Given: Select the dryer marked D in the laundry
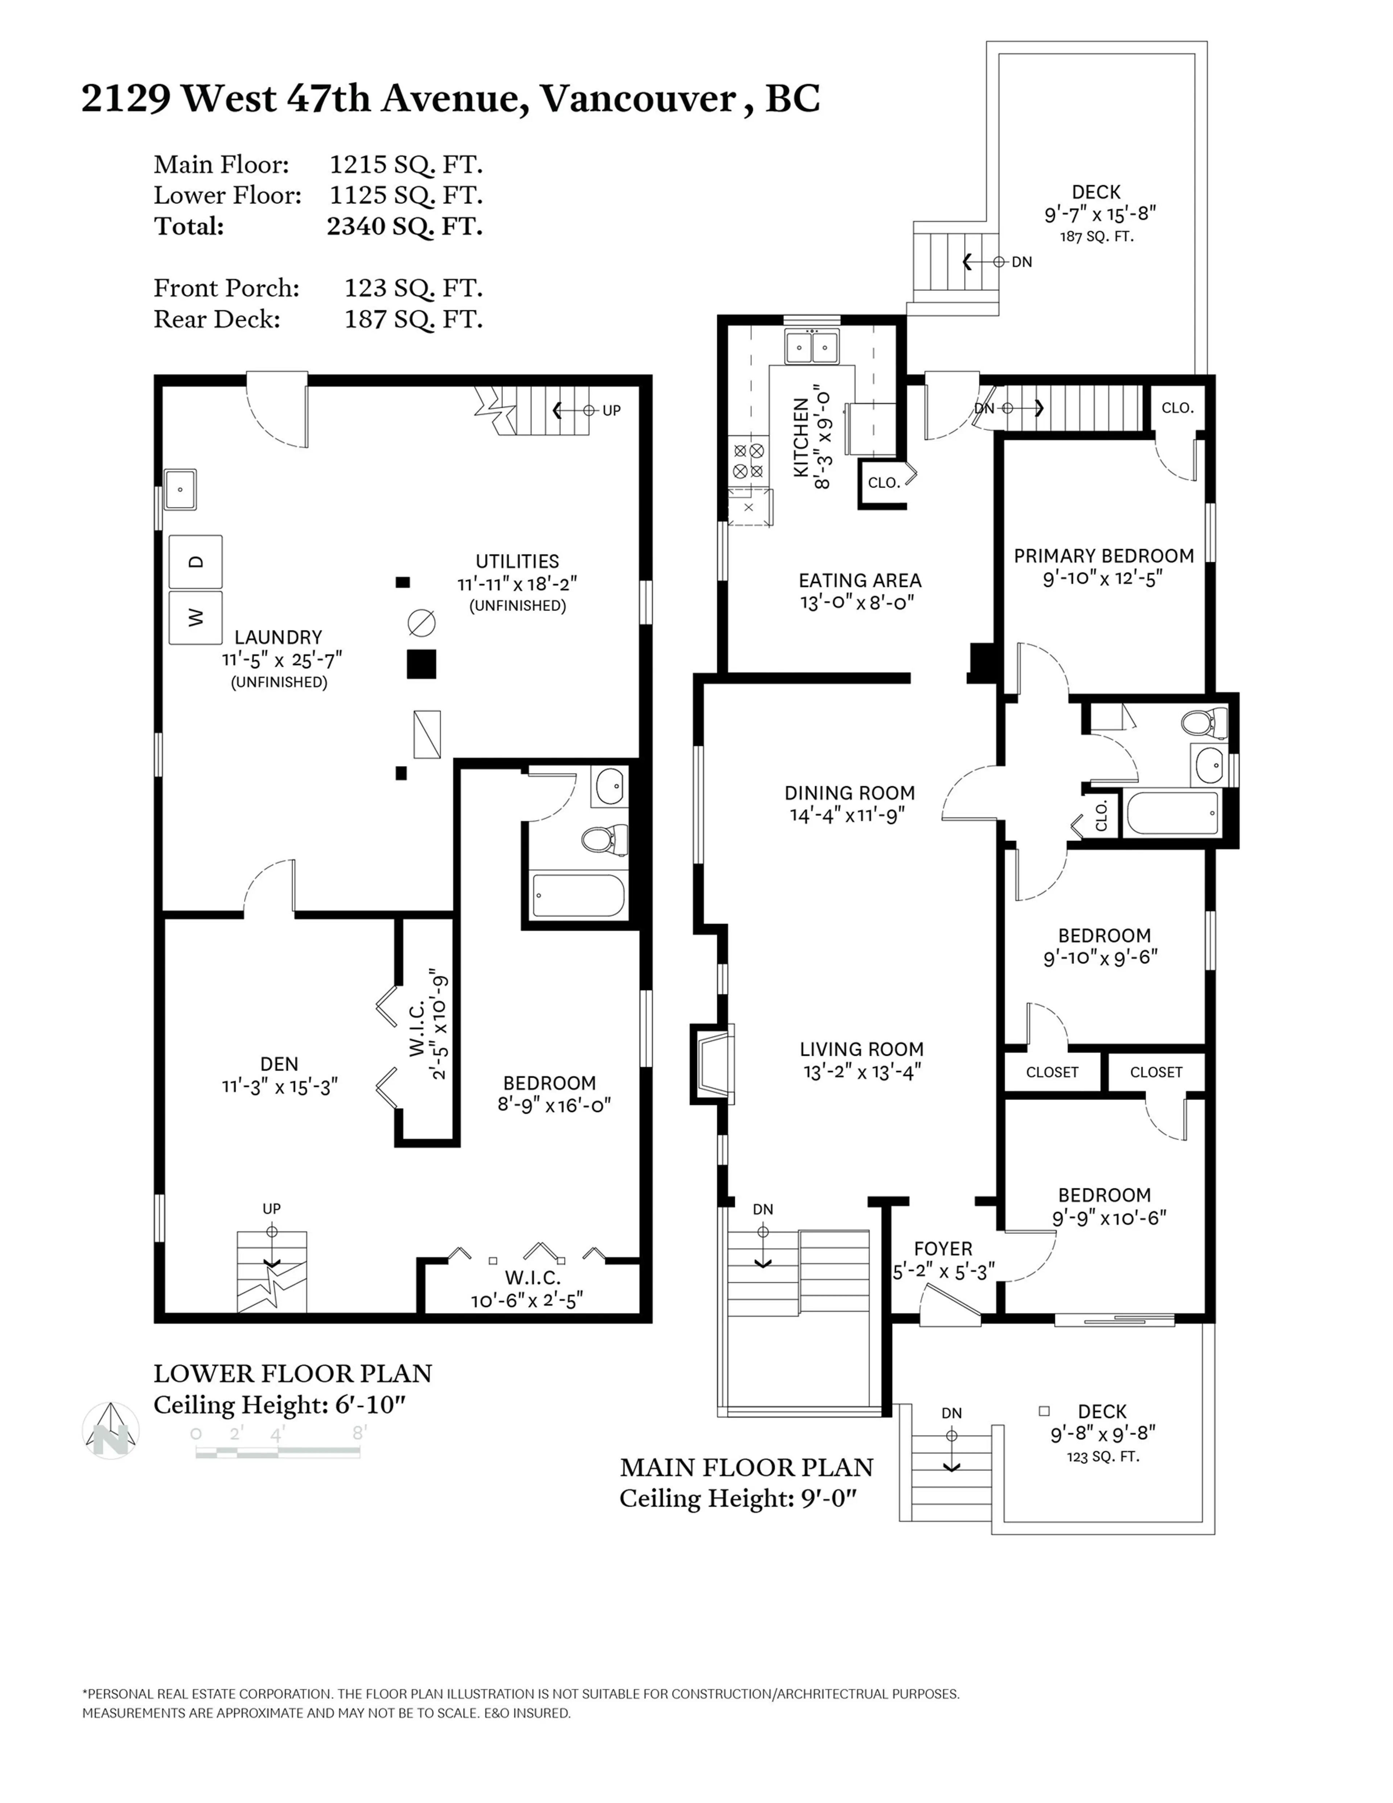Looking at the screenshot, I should pos(196,561).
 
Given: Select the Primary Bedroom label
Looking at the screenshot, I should pos(1103,556).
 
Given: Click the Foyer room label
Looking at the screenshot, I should pos(942,1248).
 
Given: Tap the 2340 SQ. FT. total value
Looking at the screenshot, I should pos(404,226).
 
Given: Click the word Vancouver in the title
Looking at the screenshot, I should pos(637,99).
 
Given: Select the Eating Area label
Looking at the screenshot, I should pos(860,580).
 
